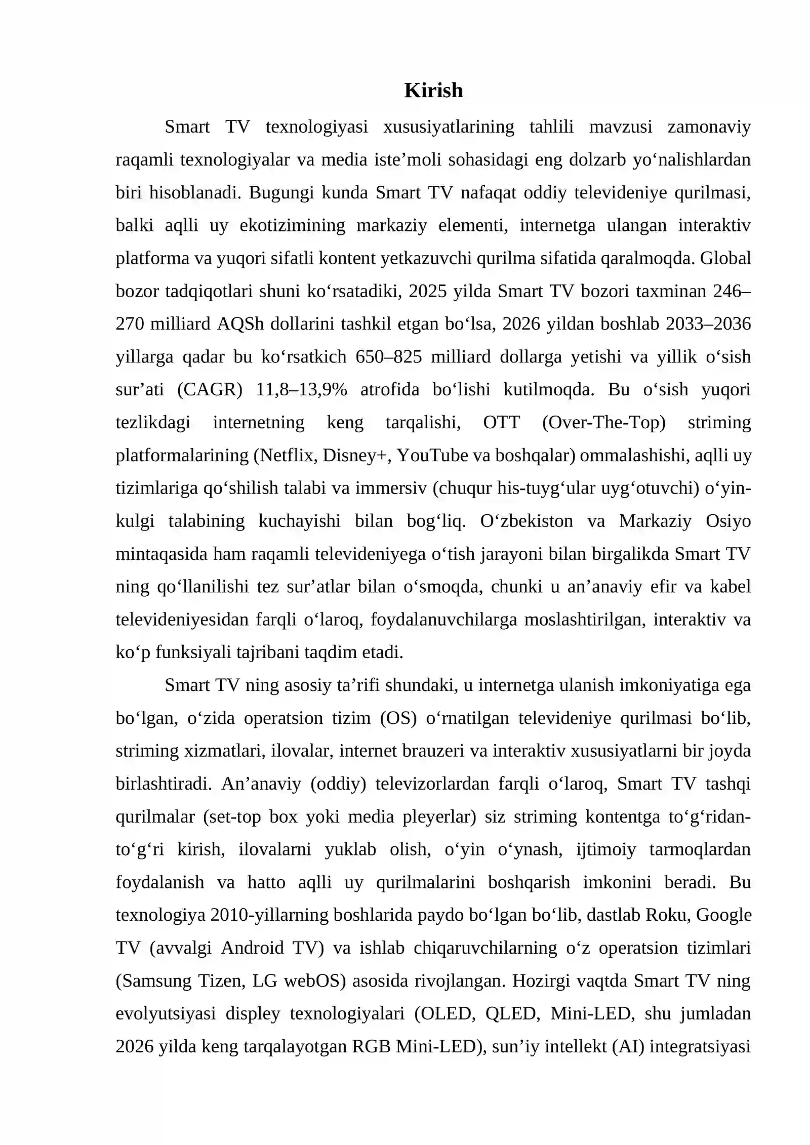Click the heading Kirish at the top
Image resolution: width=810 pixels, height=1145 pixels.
click(433, 91)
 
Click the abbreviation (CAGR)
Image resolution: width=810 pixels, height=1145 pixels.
click(210, 390)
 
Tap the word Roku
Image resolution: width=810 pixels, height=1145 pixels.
click(664, 916)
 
